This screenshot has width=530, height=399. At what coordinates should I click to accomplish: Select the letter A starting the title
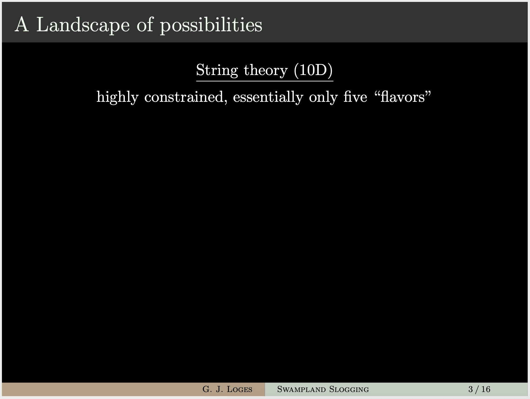click(x=22, y=24)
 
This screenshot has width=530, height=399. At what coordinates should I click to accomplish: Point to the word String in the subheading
click(x=217, y=70)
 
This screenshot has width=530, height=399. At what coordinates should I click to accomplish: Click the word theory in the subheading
click(x=266, y=70)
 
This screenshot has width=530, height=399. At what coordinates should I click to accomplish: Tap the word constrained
click(x=184, y=97)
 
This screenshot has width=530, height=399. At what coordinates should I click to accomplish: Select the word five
click(x=355, y=96)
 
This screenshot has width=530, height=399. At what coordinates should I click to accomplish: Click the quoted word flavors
click(x=403, y=96)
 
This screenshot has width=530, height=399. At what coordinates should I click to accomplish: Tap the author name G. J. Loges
click(x=227, y=389)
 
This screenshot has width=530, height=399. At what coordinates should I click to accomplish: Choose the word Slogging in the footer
click(x=349, y=389)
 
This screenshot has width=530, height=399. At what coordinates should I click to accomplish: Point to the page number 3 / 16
click(x=479, y=389)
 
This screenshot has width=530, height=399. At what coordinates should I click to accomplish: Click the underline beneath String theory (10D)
click(x=265, y=81)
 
